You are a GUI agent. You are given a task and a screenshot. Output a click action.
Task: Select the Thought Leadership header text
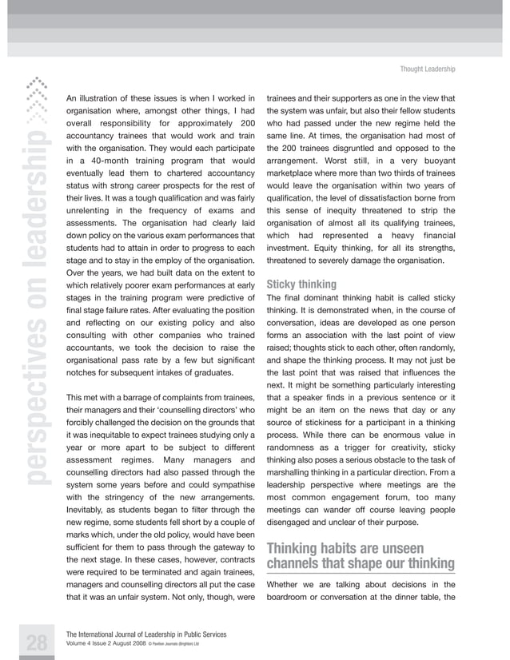[x=428, y=70]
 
